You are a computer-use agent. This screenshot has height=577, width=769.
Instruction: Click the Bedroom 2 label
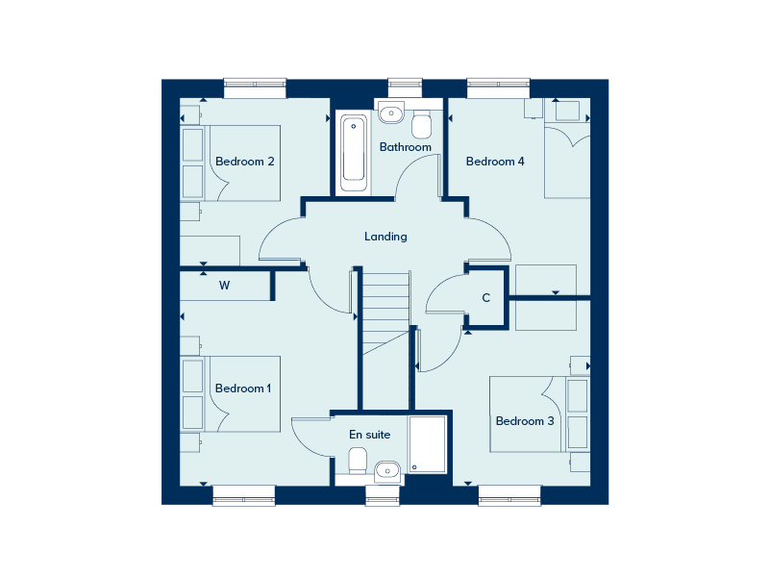(245, 162)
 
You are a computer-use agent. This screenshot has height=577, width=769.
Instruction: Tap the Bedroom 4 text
(495, 162)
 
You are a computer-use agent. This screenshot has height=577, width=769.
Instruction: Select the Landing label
(385, 237)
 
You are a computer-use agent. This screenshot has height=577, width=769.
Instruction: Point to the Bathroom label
(405, 147)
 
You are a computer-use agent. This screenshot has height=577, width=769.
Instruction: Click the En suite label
(370, 435)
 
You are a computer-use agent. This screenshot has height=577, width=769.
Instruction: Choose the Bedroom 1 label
(243, 389)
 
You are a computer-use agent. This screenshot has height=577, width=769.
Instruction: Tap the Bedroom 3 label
(525, 421)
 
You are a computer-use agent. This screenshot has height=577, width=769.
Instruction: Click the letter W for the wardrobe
(225, 286)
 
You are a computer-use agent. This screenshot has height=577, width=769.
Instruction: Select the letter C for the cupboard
(486, 298)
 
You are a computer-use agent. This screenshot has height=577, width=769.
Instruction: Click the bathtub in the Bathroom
(354, 153)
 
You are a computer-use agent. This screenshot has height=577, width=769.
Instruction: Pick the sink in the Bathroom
(391, 113)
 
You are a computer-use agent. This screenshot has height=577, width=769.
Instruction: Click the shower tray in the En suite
(428, 444)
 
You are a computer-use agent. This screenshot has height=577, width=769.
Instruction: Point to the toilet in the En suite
(358, 461)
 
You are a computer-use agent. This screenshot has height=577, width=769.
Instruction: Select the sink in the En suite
(387, 472)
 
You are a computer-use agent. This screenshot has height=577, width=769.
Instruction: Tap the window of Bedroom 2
(255, 88)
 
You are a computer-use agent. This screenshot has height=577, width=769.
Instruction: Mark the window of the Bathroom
(405, 88)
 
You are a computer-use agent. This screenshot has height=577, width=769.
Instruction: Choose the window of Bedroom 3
(509, 495)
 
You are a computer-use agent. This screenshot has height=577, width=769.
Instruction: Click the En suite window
(383, 495)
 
